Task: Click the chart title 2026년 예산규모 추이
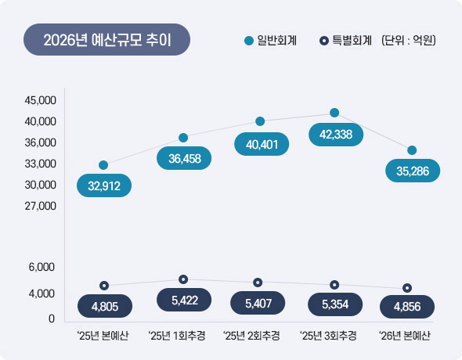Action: (x=106, y=40)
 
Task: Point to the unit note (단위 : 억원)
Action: (x=408, y=40)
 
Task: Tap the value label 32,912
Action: (x=104, y=186)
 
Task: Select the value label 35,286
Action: (x=413, y=170)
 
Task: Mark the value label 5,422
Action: (x=183, y=301)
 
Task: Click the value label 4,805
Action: (x=104, y=306)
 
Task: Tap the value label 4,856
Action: (x=408, y=306)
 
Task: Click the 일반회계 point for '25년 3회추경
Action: (x=334, y=113)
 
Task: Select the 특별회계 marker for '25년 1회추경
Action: (x=183, y=279)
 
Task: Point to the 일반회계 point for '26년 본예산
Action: (x=412, y=149)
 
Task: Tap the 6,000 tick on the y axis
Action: (x=41, y=267)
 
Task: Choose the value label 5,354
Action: (x=334, y=304)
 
